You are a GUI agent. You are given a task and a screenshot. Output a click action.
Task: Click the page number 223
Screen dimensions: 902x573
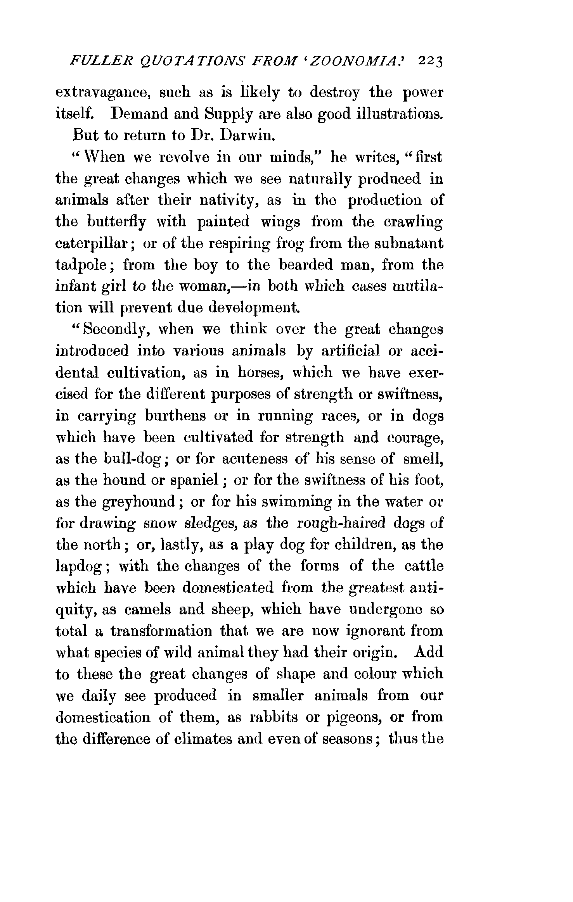click(431, 62)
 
